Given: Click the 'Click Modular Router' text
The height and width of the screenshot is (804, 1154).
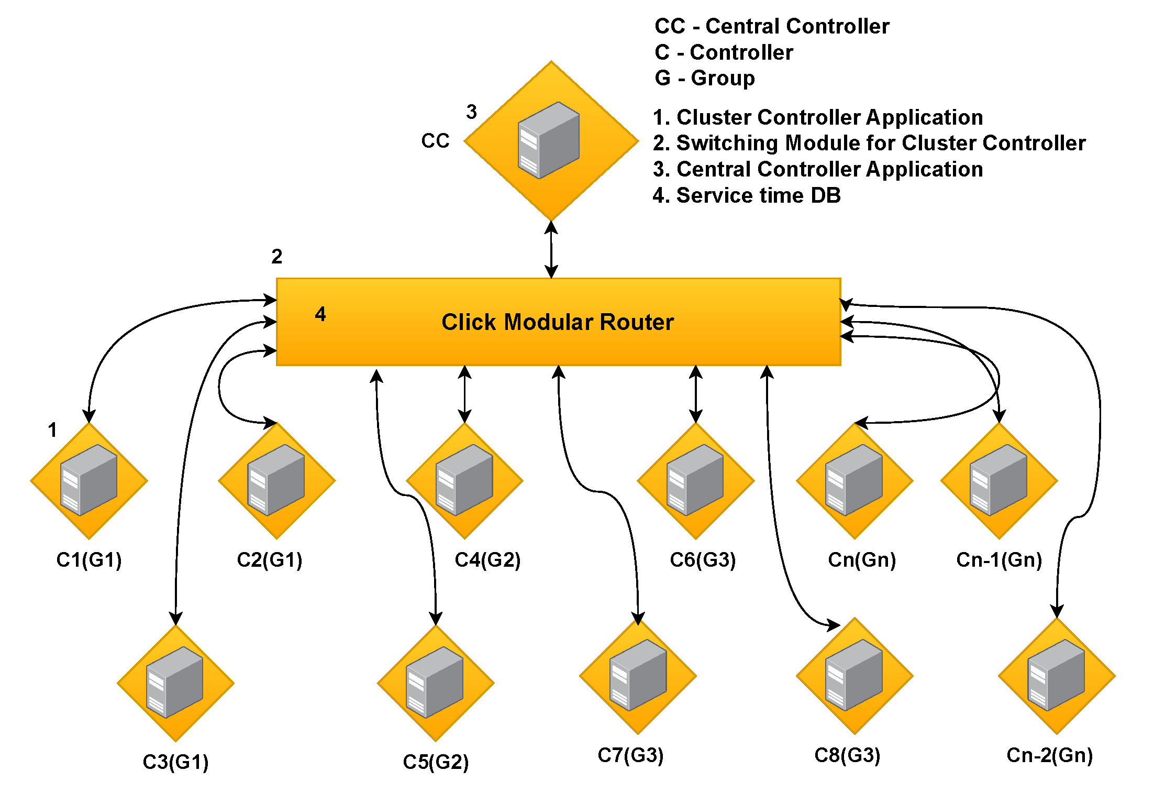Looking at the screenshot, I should click(557, 322).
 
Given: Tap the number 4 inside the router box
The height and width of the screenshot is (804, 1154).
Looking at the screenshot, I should click(320, 314).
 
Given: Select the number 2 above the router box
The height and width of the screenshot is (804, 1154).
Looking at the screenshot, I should click(276, 257).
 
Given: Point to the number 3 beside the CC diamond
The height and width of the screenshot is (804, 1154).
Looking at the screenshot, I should click(471, 112).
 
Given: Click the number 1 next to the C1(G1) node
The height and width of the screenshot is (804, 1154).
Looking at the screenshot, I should click(52, 430).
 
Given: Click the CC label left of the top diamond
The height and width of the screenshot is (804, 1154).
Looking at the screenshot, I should click(435, 141).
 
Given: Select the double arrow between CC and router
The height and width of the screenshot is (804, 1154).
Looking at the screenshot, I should click(551, 249).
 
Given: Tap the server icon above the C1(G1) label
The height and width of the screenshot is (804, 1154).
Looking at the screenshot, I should click(88, 480).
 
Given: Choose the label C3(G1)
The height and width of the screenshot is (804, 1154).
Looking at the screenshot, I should click(175, 762).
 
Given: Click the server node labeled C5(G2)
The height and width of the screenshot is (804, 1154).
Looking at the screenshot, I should click(435, 682).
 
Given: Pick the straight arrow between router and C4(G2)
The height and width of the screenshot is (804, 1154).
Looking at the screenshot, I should click(464, 394).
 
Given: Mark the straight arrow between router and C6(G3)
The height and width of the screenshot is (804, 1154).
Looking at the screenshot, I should click(695, 394).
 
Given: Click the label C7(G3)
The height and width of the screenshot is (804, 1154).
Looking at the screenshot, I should click(630, 755).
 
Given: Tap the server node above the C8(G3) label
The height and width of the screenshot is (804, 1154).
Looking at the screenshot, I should click(854, 676).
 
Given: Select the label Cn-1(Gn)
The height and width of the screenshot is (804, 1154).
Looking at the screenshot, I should click(998, 560).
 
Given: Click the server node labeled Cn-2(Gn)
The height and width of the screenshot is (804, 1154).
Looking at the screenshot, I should click(1057, 676).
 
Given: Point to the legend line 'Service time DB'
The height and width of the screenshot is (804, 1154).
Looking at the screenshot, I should click(747, 195).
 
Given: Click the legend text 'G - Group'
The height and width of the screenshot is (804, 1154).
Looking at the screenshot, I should click(704, 78).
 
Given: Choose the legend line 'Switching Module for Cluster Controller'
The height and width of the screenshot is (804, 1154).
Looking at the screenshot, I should click(869, 143).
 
